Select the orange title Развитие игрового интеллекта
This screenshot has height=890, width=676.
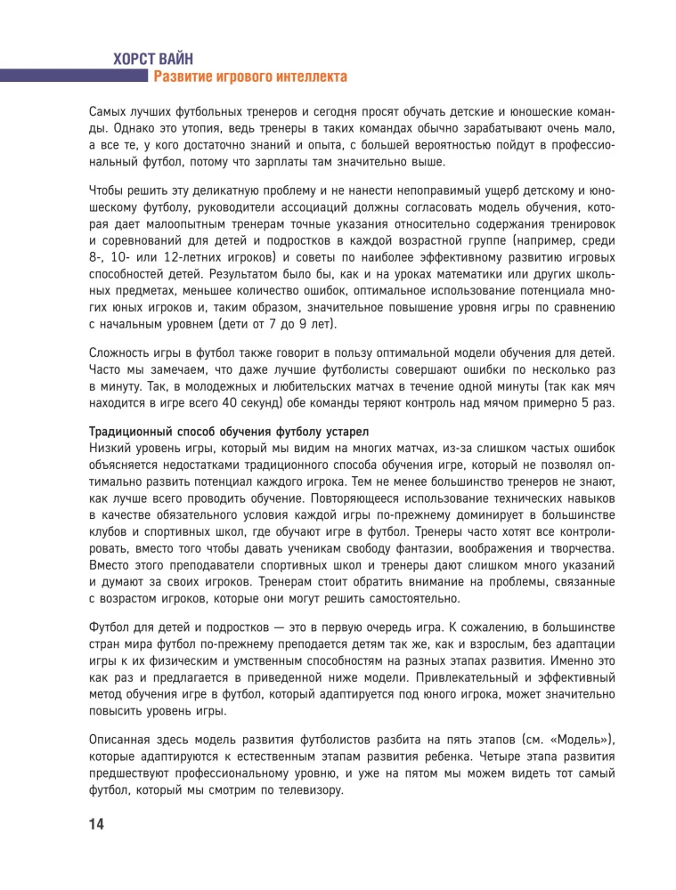point(250,78)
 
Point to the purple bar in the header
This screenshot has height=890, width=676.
point(71,77)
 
